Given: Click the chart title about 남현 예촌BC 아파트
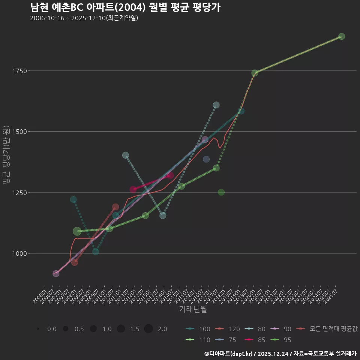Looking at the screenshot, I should [125, 7].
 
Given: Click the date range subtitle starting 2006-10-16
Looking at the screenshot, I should [84, 18].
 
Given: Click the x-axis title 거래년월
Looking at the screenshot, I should [193, 309].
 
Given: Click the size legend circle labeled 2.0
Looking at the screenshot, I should [148, 329].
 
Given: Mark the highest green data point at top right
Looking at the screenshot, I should [341, 36].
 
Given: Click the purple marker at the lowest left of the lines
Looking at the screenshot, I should [56, 274].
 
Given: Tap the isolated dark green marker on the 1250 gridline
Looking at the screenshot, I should [221, 192].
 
